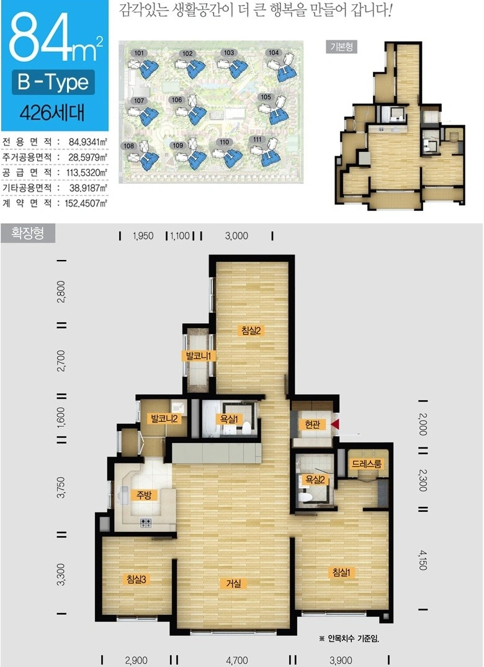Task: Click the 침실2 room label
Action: pos(251,331)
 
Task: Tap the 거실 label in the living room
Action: pos(233,583)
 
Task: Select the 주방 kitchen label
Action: pos(144,495)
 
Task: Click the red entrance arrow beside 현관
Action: pos(335,424)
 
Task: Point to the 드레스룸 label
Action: pos(367,463)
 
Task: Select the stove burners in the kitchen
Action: pos(145,523)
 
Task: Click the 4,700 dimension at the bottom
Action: pos(237,660)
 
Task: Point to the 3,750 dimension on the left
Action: pos(61,488)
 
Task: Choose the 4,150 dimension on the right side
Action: pos(423,560)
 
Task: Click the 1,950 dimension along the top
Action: pos(143,236)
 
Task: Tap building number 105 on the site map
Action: pos(266,97)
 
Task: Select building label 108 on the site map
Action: pos(128,146)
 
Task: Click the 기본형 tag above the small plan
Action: pos(341,47)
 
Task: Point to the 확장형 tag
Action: pos(28,233)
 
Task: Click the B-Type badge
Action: pos(53,82)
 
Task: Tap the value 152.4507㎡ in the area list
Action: pos(86,203)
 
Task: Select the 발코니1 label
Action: pos(199,356)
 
